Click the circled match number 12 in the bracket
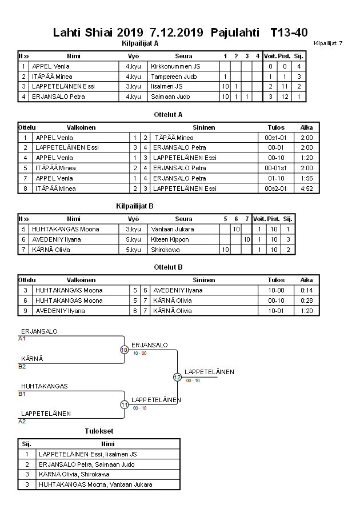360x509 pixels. [177, 377]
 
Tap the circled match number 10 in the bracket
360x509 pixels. [124, 350]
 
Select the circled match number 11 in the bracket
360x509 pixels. [125, 404]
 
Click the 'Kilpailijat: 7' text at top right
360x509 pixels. [328, 43]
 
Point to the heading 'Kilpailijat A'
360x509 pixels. [141, 43]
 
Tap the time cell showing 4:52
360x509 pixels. [307, 189]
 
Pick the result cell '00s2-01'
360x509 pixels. [276, 189]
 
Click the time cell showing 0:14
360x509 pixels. [307, 290]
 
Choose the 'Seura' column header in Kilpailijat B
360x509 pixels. [183, 219]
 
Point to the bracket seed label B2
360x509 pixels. [22, 366]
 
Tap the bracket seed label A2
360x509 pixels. [22, 421]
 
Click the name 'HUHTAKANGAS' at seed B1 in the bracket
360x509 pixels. [45, 386]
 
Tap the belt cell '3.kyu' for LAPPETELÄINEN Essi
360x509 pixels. [133, 86]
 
